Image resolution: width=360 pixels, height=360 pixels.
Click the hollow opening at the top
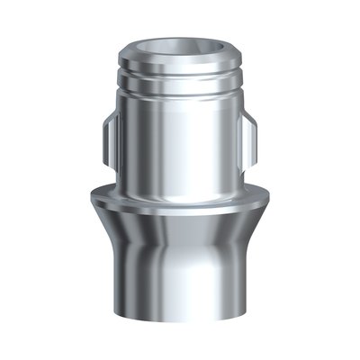tap(179, 46)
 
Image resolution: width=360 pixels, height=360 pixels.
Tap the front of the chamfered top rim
tap(179, 62)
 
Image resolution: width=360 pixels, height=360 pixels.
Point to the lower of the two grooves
tap(179, 88)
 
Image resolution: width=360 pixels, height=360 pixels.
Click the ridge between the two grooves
tap(179, 80)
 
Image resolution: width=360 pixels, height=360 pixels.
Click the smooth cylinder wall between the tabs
tap(179, 144)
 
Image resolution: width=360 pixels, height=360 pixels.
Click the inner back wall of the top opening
tap(179, 40)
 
